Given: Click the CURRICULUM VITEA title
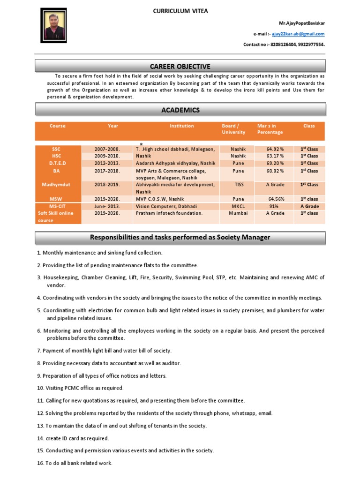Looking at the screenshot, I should (180, 11).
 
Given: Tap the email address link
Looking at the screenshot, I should (298, 34).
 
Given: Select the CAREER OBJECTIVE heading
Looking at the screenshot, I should (180, 66).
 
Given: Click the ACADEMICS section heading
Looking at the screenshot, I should (180, 110).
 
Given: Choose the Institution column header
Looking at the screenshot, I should (181, 126).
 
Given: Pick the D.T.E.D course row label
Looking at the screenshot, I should (57, 163).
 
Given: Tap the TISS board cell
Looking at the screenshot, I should (239, 185).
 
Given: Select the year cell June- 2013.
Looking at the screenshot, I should (107, 206).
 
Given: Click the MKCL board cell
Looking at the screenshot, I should (239, 206).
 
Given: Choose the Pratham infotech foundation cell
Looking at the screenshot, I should (169, 213).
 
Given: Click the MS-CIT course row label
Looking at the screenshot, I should (57, 206).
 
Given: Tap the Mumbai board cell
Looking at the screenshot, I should (239, 213).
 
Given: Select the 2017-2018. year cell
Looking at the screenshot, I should (107, 171).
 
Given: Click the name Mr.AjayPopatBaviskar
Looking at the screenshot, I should (302, 23).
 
